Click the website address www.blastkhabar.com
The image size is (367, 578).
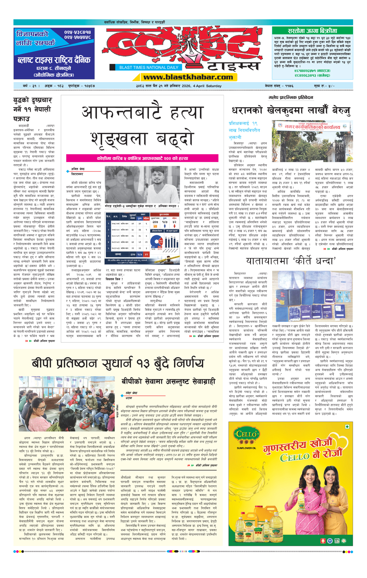tap(188, 77)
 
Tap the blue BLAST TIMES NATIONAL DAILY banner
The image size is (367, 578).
tap(149, 67)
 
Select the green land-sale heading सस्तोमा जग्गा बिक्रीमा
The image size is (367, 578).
tap(312, 31)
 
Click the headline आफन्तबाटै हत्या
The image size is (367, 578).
tap(142, 113)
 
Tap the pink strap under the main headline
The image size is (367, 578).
tap(142, 158)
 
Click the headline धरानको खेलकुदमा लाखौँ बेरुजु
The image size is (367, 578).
tap(291, 111)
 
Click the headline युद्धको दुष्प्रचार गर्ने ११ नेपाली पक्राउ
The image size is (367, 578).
tap(32, 109)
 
